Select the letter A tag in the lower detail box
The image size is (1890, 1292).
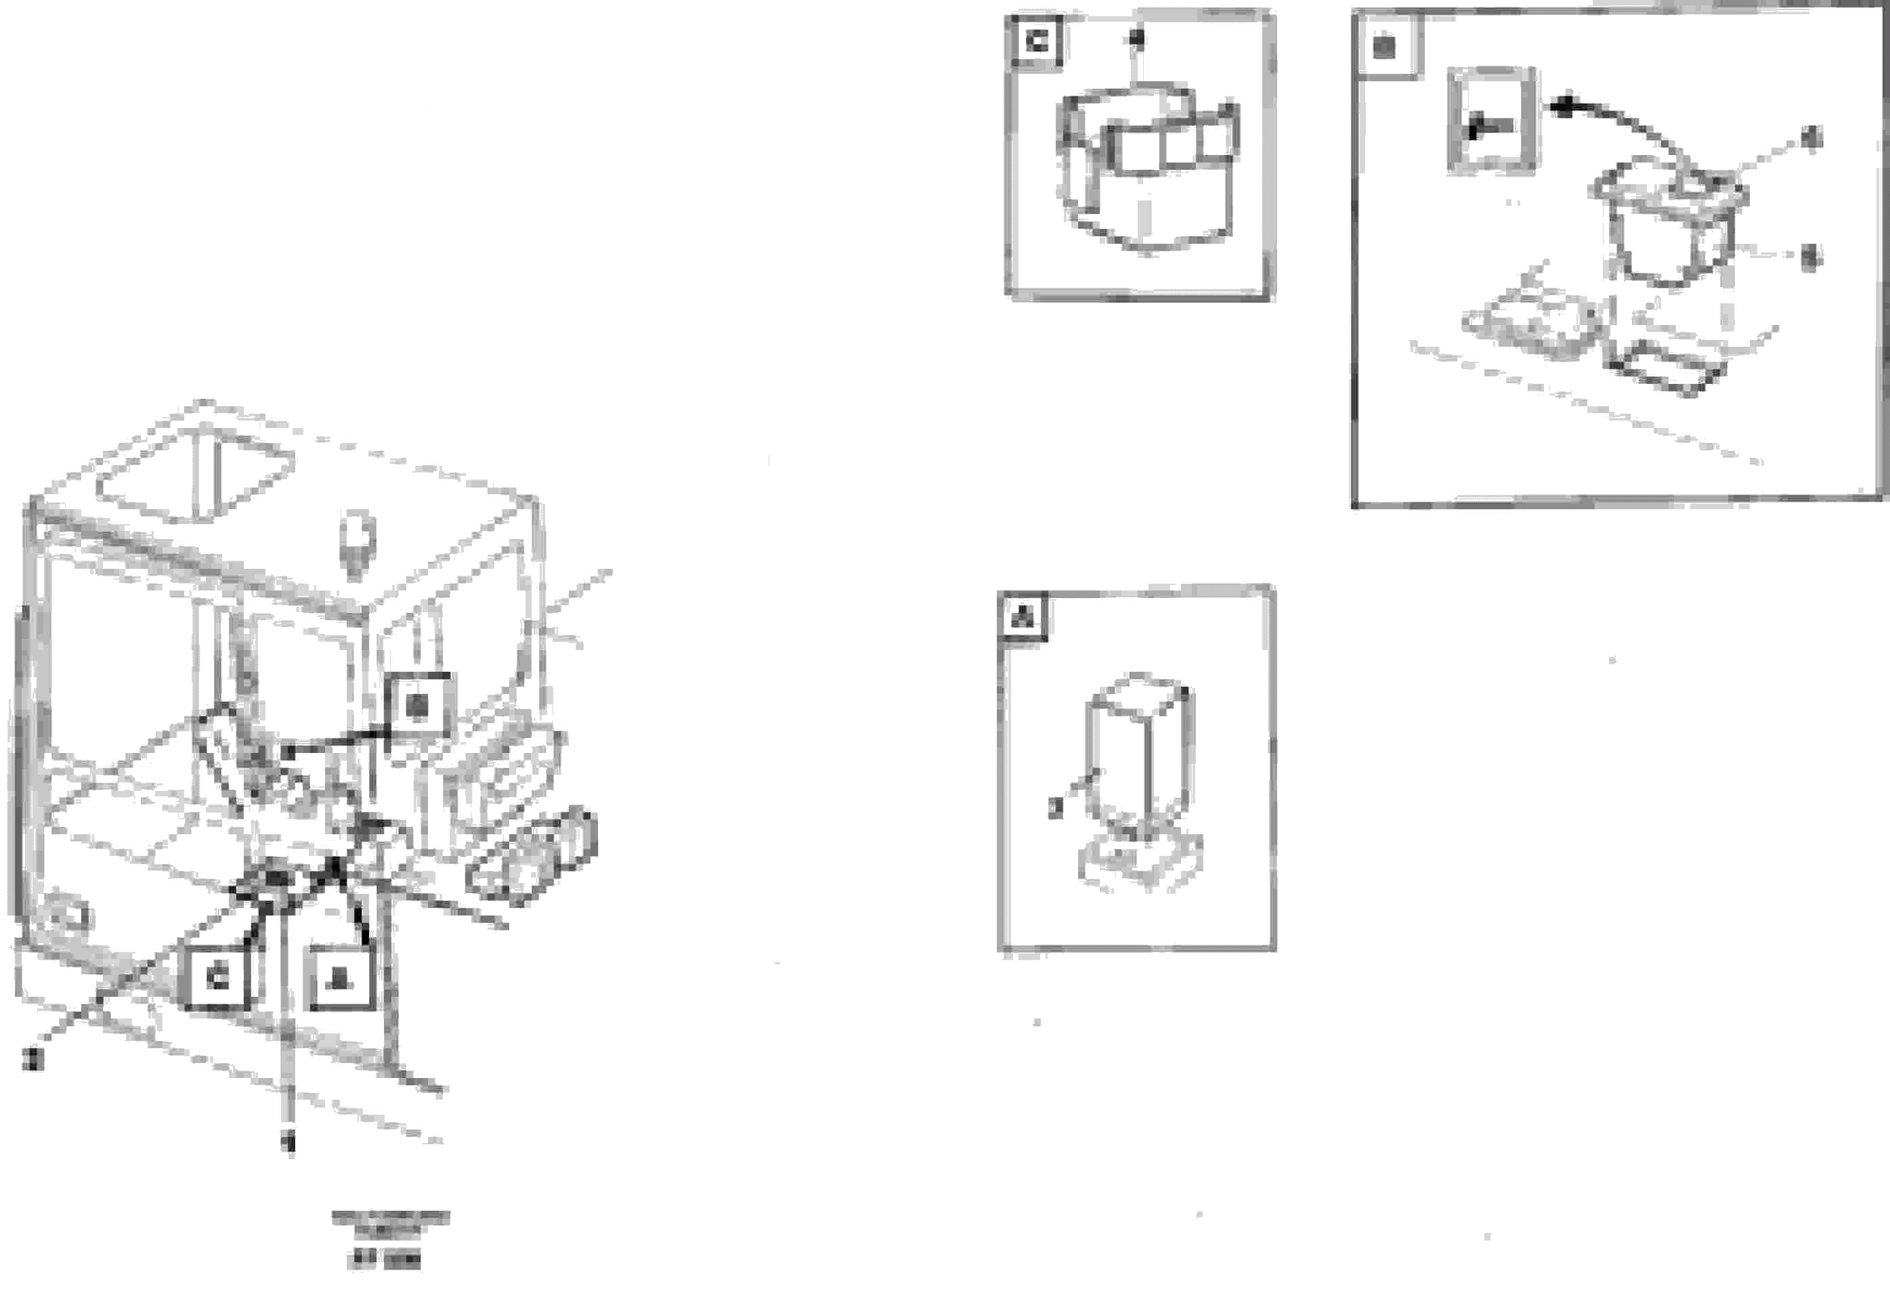point(1023,617)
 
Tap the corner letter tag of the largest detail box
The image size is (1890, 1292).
point(1383,46)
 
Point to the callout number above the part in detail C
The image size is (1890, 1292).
point(1137,37)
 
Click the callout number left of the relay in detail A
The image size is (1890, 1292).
point(1055,807)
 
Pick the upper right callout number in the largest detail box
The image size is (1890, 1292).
point(1812,138)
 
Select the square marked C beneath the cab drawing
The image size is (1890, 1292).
point(217,978)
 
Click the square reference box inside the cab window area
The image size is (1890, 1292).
point(418,706)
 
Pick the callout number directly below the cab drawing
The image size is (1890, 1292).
point(288,1142)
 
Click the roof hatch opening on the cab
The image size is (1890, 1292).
point(195,477)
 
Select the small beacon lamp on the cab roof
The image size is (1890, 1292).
point(356,543)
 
